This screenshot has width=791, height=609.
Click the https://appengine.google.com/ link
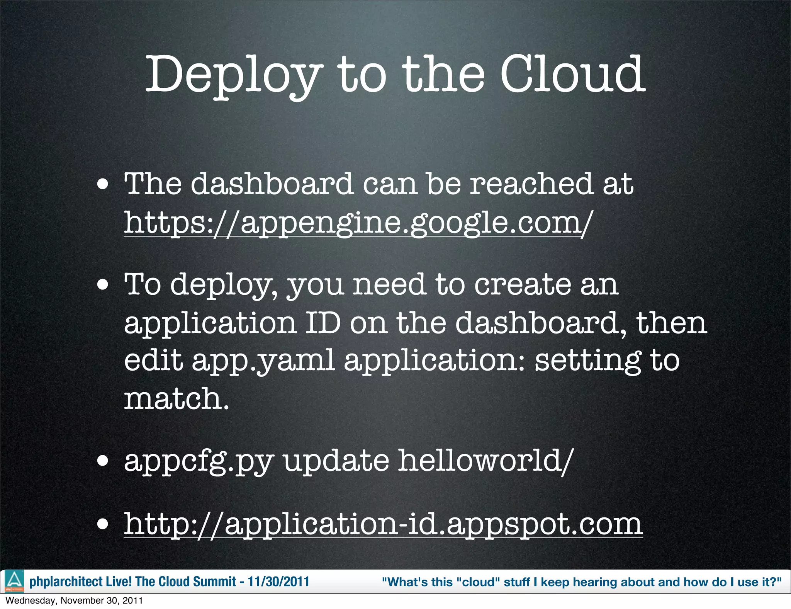coord(357,223)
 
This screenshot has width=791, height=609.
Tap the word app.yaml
coord(263,361)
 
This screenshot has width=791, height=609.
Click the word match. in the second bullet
coord(177,398)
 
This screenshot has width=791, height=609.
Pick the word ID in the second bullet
coord(323,323)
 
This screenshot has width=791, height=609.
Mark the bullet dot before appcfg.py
coord(103,461)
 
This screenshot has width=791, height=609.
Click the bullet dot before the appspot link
coord(103,525)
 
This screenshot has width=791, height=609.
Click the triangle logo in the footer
coord(14,581)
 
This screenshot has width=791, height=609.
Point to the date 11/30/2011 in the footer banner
coord(278,582)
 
